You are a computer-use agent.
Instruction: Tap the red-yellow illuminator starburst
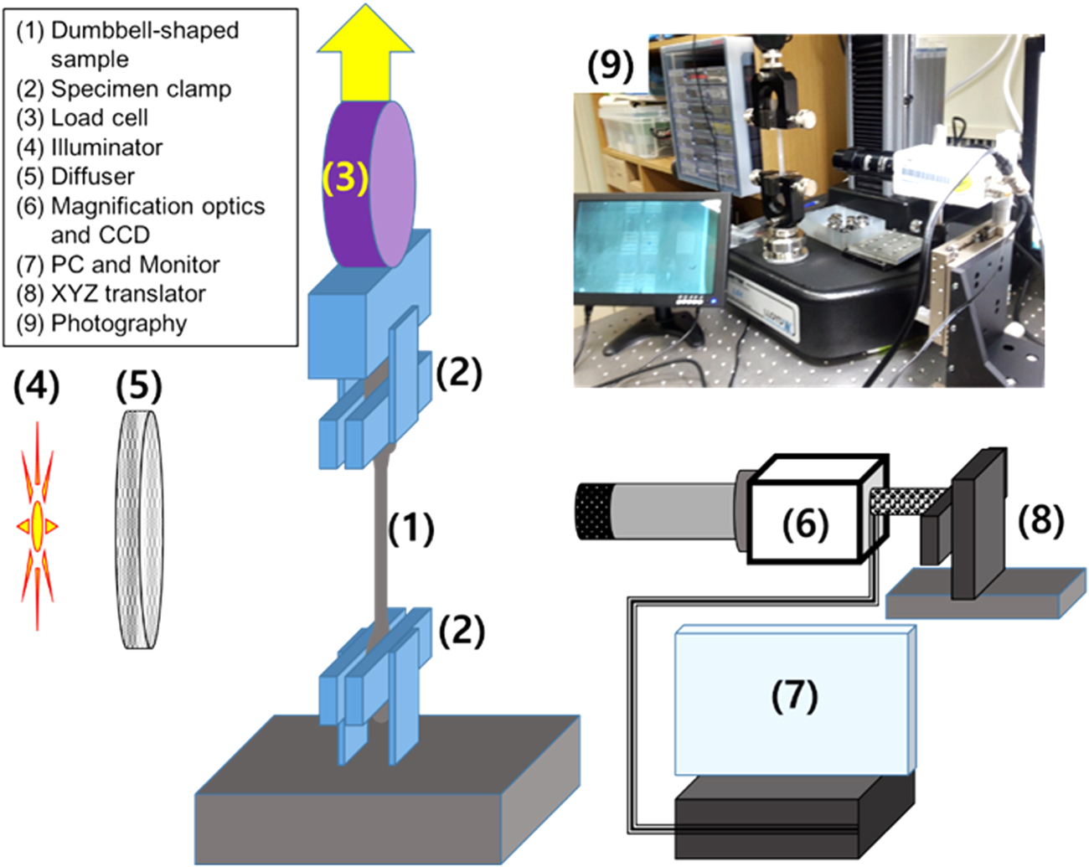pos(38,526)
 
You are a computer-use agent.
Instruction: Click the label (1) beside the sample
pos(410,529)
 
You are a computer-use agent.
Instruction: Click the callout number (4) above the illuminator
pos(37,387)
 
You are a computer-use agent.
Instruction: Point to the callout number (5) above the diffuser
pos(139,387)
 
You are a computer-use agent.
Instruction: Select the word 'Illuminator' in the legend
pos(106,147)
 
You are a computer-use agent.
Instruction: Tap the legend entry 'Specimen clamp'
pos(141,89)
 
